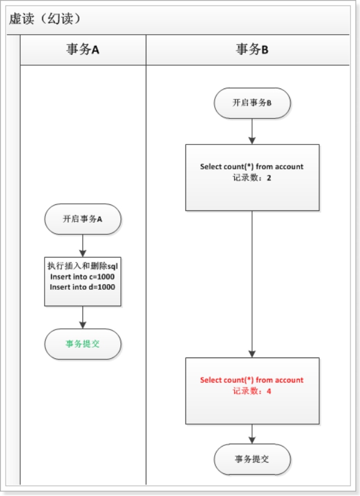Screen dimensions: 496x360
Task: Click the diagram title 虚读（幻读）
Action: pos(45,19)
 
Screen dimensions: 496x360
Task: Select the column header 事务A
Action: pos(83,50)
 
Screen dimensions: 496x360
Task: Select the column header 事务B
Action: pos(252,50)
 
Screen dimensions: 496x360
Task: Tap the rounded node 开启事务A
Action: pos(83,219)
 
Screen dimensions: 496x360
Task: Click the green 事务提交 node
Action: pos(83,344)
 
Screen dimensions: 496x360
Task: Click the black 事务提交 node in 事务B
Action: pos(252,459)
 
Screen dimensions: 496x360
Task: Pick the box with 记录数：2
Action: pos(252,178)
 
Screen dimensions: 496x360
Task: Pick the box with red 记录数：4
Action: pos(252,390)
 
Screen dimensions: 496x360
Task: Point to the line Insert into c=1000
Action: pos(83,276)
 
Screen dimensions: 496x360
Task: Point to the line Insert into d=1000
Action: pos(83,287)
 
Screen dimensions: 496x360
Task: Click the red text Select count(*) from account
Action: pos(252,380)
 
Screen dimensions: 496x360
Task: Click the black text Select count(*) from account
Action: pos(252,167)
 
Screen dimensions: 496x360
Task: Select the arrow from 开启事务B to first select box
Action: pos(252,131)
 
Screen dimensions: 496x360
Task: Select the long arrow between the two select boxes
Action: pos(252,284)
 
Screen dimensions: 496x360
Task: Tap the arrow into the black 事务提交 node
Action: pos(252,434)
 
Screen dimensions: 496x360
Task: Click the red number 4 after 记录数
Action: pos(268,391)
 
